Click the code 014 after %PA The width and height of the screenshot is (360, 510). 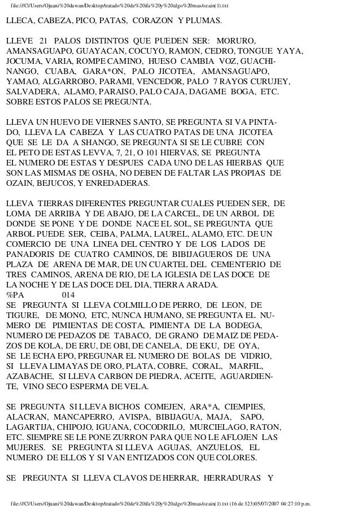tap(68, 294)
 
